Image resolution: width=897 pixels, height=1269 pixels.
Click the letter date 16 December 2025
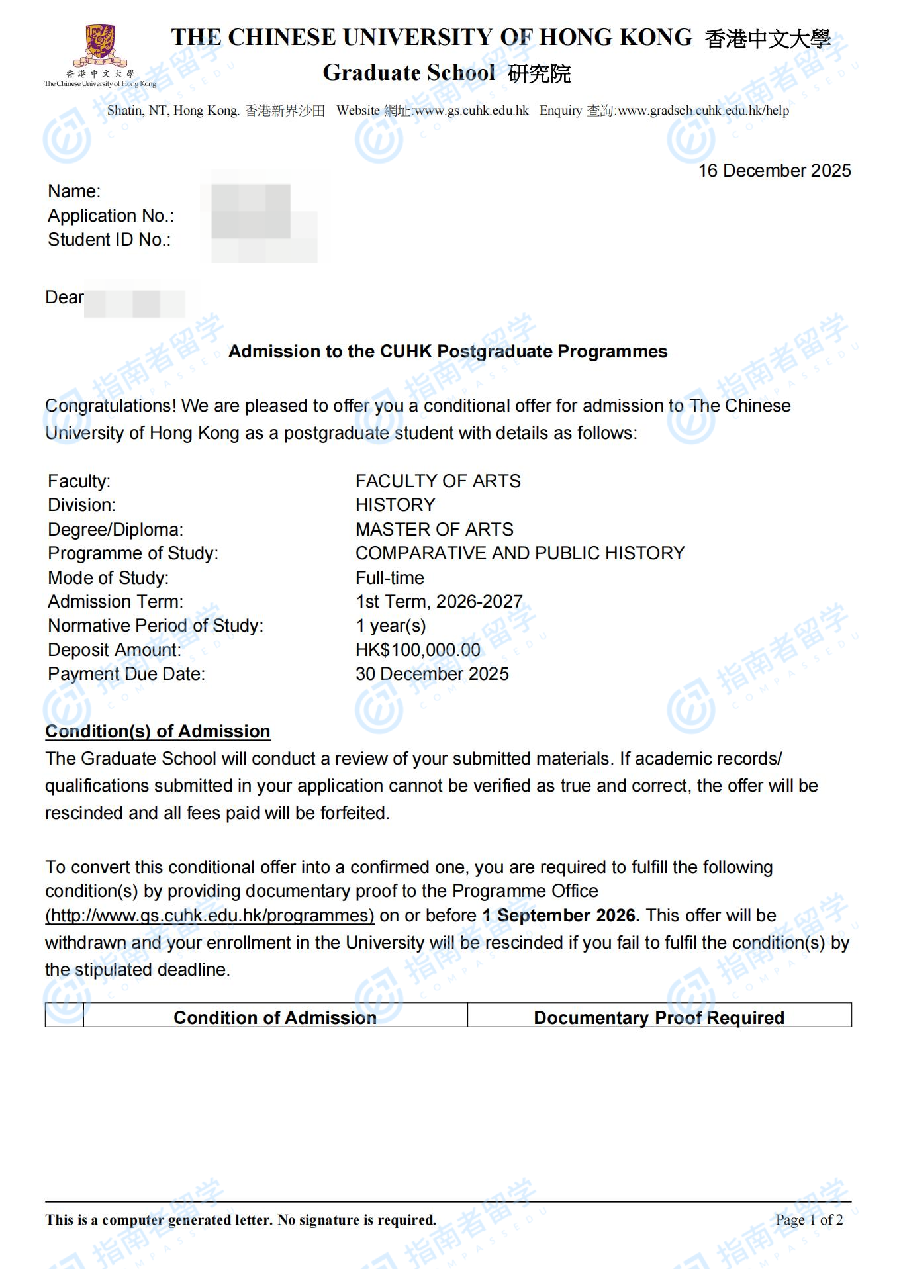point(774,171)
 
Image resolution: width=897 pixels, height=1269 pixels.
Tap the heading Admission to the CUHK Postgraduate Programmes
point(448,352)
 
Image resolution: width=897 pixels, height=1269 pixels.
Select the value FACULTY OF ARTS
point(438,481)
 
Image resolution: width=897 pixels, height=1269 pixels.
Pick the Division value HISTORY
point(395,505)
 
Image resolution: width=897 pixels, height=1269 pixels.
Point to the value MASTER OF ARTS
point(434,530)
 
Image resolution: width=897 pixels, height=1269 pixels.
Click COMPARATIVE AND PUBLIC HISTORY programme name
point(520,553)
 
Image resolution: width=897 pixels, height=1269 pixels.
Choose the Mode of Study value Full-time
point(389,578)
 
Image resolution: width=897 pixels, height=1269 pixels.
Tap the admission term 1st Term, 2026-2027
point(439,602)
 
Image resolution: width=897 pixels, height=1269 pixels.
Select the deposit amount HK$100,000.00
point(418,650)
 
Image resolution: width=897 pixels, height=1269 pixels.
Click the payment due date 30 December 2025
point(432,674)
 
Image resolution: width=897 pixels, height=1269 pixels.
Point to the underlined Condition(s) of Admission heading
point(158,731)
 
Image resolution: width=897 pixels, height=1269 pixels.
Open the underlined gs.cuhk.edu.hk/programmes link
point(210,916)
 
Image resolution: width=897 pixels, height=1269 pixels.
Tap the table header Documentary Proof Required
point(659,1017)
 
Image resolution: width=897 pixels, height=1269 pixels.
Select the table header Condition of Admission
point(275,1017)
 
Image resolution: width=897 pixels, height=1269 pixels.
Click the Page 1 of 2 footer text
point(809,1220)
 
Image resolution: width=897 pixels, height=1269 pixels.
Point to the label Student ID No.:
point(109,240)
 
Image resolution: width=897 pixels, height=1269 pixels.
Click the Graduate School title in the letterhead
point(408,73)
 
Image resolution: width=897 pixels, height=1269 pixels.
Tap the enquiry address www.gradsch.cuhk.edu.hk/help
point(703,111)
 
